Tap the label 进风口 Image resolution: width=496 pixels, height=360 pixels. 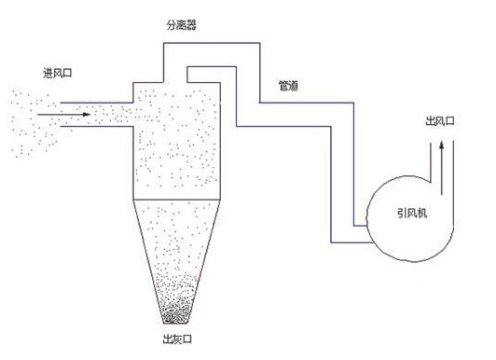coord(58,73)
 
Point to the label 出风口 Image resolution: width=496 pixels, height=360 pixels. coord(439,121)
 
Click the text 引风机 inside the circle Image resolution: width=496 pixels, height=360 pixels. coord(409,215)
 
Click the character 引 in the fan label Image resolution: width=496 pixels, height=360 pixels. coord(400,215)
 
